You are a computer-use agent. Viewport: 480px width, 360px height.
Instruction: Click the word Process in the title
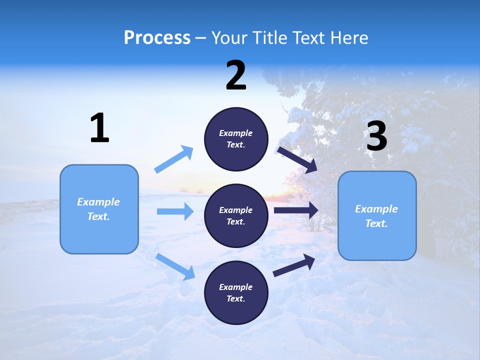tap(157, 38)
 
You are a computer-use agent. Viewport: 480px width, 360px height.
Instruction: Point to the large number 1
tap(99, 128)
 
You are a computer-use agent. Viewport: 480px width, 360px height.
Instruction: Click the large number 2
tap(236, 75)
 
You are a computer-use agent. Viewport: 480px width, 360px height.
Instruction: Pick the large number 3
tap(376, 136)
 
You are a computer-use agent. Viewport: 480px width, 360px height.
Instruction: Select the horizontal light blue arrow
tap(175, 211)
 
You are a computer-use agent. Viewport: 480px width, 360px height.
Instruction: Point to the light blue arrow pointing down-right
tap(175, 266)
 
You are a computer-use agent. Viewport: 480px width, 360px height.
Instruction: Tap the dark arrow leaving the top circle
tap(297, 159)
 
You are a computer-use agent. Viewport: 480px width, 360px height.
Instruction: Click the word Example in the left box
tap(98, 202)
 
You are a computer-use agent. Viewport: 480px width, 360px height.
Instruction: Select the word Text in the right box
tap(376, 223)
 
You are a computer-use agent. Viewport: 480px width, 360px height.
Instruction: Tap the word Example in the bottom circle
tap(236, 287)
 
